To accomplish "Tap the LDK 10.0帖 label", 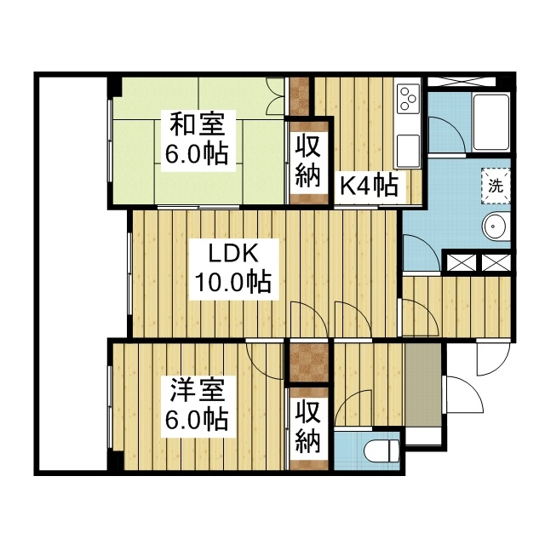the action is [x=233, y=268].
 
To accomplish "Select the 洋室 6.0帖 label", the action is [x=197, y=406].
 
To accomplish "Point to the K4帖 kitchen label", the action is [x=369, y=186].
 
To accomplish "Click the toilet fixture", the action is [x=381, y=450].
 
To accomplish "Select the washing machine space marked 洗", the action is [x=496, y=186].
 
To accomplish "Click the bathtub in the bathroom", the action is [x=491, y=122].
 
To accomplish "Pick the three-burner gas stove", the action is [x=408, y=99].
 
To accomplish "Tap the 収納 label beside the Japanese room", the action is [x=307, y=163].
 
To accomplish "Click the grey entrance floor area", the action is [x=423, y=384].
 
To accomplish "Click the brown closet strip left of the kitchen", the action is [x=300, y=96].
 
